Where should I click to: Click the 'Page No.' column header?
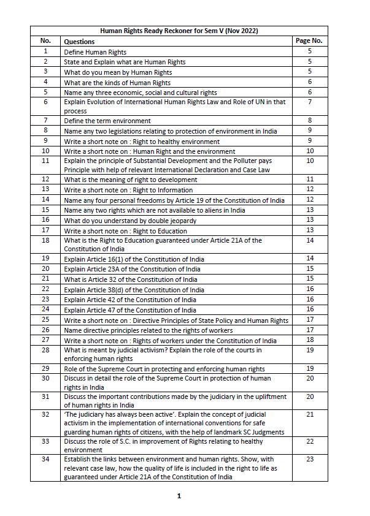[x=309, y=41]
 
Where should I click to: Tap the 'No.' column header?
[x=45, y=41]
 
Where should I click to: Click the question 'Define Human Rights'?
[x=95, y=53]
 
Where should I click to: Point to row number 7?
[x=45, y=121]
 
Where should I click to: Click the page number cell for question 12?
[x=309, y=180]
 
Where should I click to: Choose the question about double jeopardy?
[x=121, y=220]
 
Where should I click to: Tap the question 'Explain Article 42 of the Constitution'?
[x=130, y=300]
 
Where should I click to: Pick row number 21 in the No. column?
[x=45, y=279]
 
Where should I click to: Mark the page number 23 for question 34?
[x=309, y=459]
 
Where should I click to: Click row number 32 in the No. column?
[x=45, y=415]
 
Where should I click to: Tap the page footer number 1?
[x=179, y=496]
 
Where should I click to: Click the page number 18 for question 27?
[x=309, y=340]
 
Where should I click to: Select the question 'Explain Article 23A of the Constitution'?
[x=132, y=269]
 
